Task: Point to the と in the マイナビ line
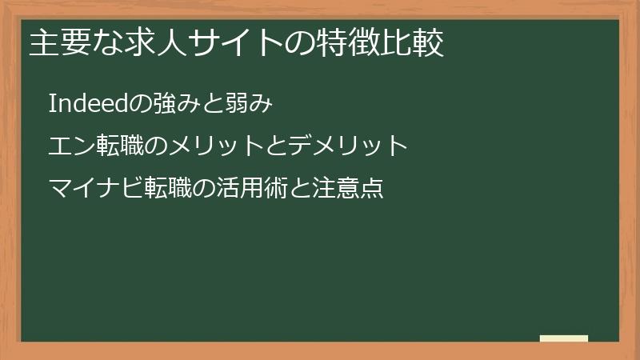(302, 189)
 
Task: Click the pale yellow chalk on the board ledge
(564, 338)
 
